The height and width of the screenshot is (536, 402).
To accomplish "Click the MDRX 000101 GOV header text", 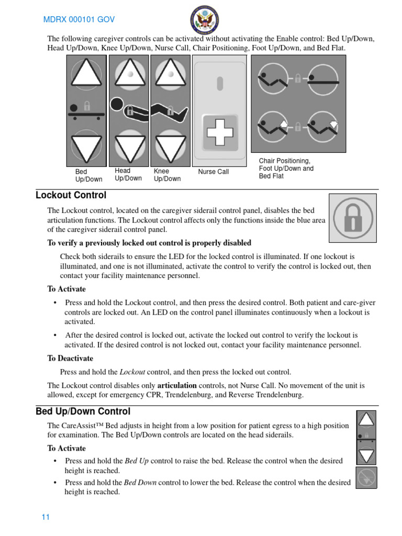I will (79, 20).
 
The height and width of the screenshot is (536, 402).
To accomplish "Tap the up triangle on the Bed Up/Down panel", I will (86, 73).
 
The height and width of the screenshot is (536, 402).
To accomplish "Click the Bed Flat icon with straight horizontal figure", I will (323, 79).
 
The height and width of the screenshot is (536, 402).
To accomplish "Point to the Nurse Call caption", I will (214, 172).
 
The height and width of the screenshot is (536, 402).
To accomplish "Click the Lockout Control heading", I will (71, 195).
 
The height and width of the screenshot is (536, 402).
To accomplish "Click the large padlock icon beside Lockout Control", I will (352, 218).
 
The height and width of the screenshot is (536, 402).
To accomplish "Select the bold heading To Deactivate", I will (70, 359).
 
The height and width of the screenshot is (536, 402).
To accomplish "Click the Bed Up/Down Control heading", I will (83, 411).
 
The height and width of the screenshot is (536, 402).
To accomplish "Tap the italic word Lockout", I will (132, 372).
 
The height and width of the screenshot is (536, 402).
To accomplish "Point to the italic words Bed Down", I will (140, 482).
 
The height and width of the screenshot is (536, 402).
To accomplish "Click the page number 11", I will (46, 517).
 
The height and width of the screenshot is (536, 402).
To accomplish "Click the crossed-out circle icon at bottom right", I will (366, 477).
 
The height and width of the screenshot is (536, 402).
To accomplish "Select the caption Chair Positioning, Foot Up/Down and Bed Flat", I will (286, 169).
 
